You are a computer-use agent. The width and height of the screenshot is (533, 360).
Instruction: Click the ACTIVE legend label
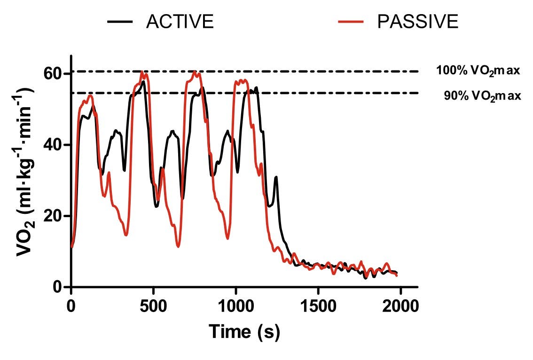pos(180,22)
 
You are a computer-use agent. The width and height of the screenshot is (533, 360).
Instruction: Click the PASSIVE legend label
pos(418,22)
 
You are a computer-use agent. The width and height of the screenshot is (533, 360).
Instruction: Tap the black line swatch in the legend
pos(120,22)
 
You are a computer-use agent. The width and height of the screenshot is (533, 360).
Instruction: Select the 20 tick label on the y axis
pos(55,216)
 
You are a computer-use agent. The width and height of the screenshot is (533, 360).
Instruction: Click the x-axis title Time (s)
pos(244,332)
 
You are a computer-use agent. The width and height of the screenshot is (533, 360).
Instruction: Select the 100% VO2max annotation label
pos(478,71)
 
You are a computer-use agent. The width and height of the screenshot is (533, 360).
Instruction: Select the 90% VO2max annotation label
pos(483,96)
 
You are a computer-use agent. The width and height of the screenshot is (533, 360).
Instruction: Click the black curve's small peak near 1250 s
pos(276,177)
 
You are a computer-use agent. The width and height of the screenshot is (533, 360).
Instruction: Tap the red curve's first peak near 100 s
pos(90,96)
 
